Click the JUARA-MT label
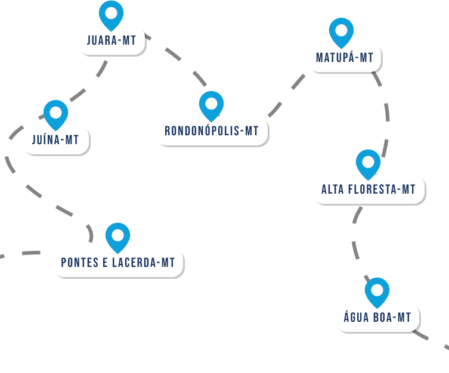(112, 41)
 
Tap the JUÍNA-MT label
(55, 140)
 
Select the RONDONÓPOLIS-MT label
(212, 131)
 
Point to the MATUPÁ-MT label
(345, 58)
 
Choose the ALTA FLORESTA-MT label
(369, 189)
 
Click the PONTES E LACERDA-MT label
(118, 263)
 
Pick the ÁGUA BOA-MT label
(377, 318)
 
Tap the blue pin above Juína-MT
(56, 113)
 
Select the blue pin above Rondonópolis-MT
(211, 104)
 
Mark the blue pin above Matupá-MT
(341, 30)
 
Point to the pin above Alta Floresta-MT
(368, 162)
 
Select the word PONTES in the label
(79, 263)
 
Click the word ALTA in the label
(333, 189)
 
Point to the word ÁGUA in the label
(356, 318)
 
